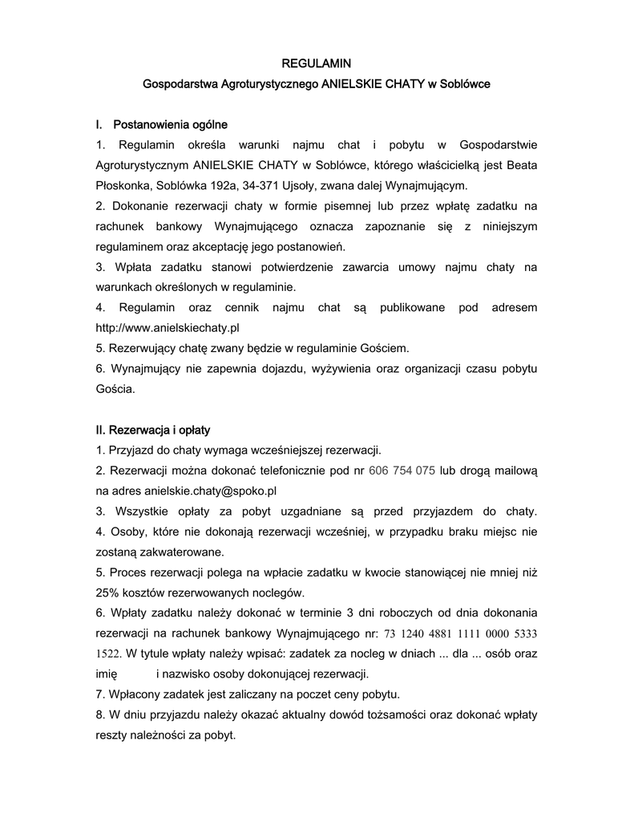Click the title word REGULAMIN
click(x=316, y=63)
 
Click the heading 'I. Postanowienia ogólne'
click(x=161, y=124)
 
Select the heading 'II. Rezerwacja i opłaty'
click(x=152, y=430)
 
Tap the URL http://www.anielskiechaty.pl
click(x=168, y=328)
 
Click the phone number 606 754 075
click(x=402, y=471)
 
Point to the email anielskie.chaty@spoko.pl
click(x=210, y=491)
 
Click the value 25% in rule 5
click(x=107, y=593)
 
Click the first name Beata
click(x=521, y=165)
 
